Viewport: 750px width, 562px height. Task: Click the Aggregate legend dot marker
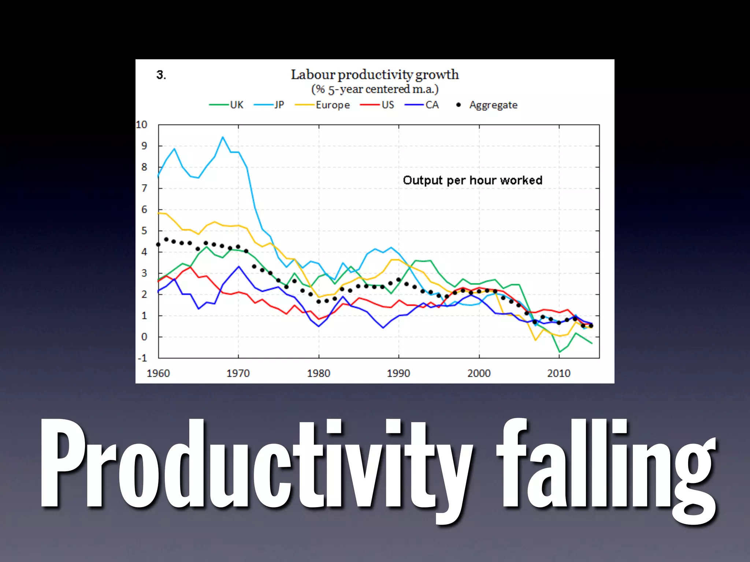click(x=458, y=105)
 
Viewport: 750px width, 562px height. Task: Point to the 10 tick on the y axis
click(x=141, y=125)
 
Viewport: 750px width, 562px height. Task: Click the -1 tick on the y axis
click(x=142, y=358)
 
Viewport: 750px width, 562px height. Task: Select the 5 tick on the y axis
click(x=144, y=231)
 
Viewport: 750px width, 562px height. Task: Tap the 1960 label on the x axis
click(x=158, y=373)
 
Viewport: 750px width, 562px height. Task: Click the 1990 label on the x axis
click(x=398, y=373)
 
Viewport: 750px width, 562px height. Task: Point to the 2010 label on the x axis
click(x=559, y=373)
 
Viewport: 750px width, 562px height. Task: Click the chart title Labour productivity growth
click(x=375, y=75)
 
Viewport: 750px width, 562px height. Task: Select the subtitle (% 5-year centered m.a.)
click(x=375, y=89)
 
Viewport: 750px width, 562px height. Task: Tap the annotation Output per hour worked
click(x=472, y=180)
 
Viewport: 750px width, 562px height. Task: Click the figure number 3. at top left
click(x=161, y=75)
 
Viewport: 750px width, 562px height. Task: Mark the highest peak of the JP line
click(x=223, y=137)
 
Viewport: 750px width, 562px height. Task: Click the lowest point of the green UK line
click(x=560, y=352)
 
